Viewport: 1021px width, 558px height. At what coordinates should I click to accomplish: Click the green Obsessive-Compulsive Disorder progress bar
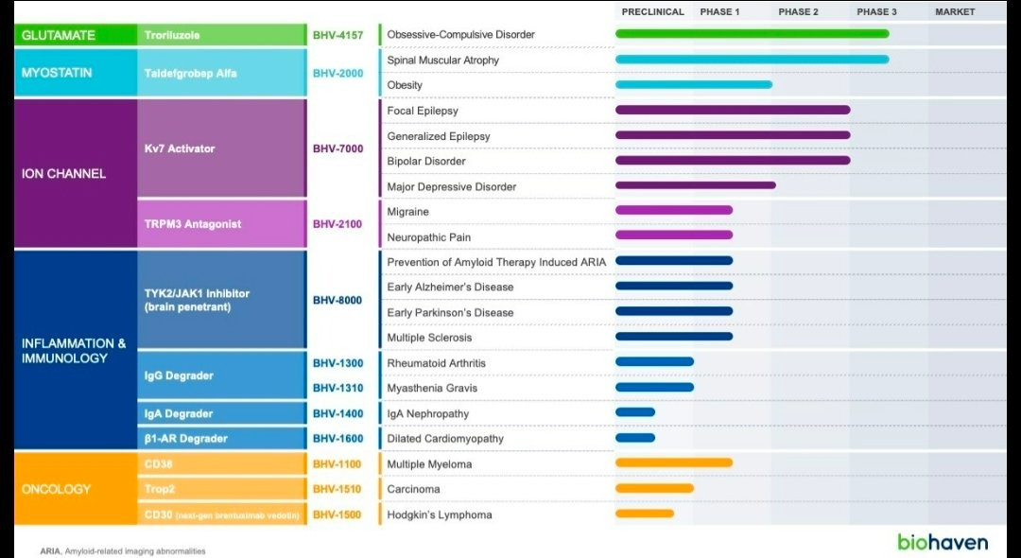coord(752,34)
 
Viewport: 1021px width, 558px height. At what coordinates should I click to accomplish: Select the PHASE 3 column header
coord(876,12)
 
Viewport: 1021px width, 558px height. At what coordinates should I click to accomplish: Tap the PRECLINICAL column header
coord(653,12)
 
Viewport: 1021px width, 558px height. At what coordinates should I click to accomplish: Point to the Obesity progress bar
coord(693,84)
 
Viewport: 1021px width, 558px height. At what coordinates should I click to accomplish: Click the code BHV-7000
coord(337,148)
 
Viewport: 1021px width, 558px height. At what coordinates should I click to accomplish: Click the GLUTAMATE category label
coord(59,35)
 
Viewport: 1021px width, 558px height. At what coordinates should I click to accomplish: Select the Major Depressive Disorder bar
coord(695,185)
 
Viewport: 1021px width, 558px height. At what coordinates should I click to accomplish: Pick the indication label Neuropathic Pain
coord(428,237)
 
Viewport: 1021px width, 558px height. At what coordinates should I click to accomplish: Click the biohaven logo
coord(943,542)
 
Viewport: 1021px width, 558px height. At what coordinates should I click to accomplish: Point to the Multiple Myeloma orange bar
coord(673,462)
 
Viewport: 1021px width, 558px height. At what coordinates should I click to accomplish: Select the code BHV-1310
coord(337,388)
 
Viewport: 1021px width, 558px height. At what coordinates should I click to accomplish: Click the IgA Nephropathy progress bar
coord(634,412)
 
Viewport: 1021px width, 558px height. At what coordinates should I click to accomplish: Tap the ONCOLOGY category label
coord(57,489)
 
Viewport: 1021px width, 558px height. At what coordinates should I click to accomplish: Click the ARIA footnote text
coord(123,550)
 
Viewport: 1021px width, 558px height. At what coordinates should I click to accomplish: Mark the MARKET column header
coord(955,12)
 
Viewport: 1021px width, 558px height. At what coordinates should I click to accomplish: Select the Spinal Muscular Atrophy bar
coord(752,60)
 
